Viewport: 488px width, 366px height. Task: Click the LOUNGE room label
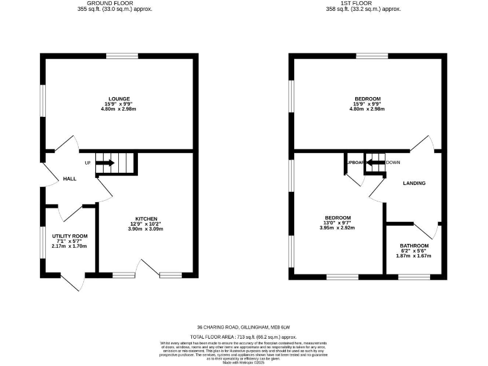coord(119,98)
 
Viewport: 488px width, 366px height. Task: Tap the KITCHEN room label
coord(146,218)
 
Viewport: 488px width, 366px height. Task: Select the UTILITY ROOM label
coord(69,236)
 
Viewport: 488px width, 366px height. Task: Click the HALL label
coord(70,179)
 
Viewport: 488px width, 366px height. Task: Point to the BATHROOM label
coord(414,245)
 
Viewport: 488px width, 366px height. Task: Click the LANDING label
coord(414,183)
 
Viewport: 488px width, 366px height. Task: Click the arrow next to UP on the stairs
coord(105,163)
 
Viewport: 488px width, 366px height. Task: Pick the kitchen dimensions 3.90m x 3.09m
coord(146,229)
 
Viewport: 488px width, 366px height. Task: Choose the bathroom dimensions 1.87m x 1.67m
coord(414,256)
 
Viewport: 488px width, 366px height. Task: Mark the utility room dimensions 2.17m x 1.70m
coord(69,247)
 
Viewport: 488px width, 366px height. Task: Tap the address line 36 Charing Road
coord(243,327)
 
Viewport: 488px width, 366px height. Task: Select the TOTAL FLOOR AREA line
coord(243,336)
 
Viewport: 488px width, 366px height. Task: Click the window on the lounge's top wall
coord(119,57)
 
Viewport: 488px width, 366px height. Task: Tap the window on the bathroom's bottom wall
coord(414,276)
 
